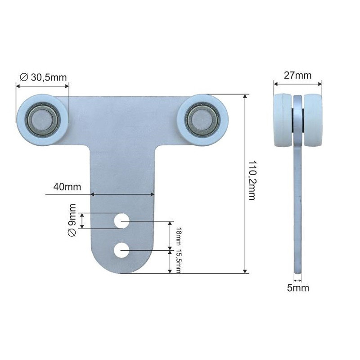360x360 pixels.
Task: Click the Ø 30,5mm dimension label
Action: tap(43, 77)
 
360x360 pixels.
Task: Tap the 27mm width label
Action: tap(297, 75)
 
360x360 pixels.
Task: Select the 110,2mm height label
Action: tap(252, 180)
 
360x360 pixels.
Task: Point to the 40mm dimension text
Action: tap(67, 187)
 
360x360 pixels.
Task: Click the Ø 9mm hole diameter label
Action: tap(72, 220)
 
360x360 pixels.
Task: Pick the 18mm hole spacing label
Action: tap(179, 236)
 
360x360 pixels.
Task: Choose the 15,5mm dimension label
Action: tap(179, 261)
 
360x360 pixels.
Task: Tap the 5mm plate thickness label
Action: tap(298, 288)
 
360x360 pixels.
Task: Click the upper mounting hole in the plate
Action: tap(121, 221)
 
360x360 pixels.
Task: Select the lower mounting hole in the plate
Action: tap(121, 250)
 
